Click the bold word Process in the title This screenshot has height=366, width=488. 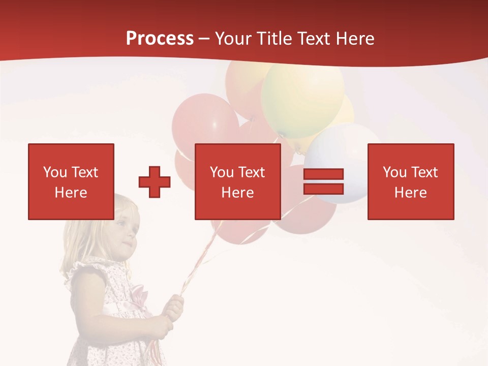tap(160, 39)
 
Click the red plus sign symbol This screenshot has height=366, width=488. tap(155, 182)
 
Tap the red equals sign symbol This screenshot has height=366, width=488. tap(323, 182)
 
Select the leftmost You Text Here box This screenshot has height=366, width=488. tap(71, 181)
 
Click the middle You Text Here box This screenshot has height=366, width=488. tap(237, 181)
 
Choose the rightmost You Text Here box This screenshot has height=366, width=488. tap(410, 181)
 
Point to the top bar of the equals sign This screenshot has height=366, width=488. tap(323, 174)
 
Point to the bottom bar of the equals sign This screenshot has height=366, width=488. tap(323, 189)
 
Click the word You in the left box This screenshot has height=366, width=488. tap(55, 172)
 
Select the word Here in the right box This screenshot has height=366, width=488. tap(410, 193)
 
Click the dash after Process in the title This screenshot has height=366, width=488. tap(204, 39)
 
